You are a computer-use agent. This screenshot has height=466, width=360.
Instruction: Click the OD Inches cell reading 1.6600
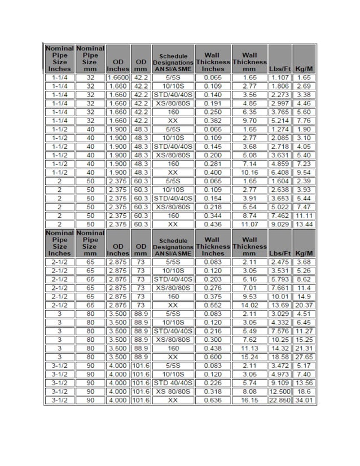tap(118, 77)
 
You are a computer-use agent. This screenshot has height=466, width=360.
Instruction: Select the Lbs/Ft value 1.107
tap(280, 77)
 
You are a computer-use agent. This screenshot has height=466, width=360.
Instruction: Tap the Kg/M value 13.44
tap(304, 224)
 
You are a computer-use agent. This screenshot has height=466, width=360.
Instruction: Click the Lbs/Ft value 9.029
tap(280, 224)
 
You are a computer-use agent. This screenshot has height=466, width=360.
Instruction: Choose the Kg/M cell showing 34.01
tap(304, 401)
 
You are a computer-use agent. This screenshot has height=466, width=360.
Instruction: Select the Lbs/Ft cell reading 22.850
tap(280, 401)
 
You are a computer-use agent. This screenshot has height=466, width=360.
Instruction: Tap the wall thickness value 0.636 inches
tap(213, 401)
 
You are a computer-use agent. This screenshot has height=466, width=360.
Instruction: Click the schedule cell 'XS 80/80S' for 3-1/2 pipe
tap(173, 392)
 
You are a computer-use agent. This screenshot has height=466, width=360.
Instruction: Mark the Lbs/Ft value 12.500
tap(280, 392)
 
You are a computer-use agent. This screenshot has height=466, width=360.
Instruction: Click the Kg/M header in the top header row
tap(304, 69)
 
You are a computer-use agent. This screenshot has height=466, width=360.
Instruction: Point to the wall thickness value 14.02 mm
tap(249, 305)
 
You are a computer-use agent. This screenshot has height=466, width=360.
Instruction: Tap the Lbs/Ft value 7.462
tap(280, 216)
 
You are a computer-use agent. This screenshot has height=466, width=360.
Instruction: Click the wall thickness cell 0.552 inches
tap(213, 305)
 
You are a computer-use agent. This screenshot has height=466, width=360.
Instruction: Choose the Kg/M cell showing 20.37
tap(304, 305)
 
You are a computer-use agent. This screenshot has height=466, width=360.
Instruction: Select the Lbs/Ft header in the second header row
tap(280, 253)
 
